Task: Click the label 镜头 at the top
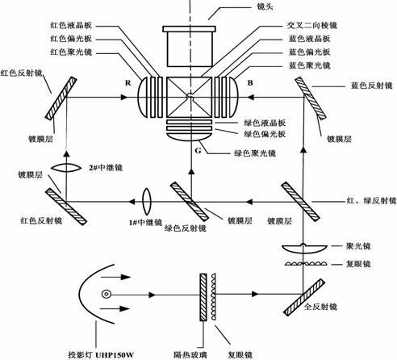click(265, 6)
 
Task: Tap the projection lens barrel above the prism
click(189, 46)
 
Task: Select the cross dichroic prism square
click(189, 97)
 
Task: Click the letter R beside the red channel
click(127, 83)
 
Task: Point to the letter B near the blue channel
click(250, 82)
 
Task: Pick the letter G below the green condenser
click(198, 150)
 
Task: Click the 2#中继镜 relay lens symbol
click(66, 168)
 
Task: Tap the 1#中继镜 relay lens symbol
click(147, 201)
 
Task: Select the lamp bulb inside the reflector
click(107, 294)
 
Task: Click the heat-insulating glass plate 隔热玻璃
click(203, 297)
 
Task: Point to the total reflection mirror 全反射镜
click(304, 297)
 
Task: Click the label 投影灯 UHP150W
click(101, 354)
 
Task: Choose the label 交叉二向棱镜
click(312, 25)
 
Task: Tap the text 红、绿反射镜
click(371, 200)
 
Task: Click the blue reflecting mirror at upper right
click(311, 98)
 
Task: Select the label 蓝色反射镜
click(371, 86)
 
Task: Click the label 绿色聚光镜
click(255, 153)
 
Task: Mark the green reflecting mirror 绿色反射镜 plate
click(190, 202)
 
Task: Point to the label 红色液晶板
click(71, 25)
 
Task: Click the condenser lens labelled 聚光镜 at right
click(304, 248)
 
